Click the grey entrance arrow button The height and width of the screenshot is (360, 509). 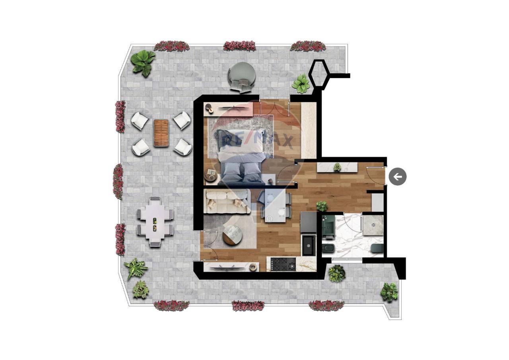point(397,176)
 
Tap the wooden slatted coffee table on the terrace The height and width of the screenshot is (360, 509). point(161,133)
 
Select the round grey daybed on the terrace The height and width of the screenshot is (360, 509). point(242,76)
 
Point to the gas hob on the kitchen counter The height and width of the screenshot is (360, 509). point(283,264)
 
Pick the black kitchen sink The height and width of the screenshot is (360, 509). point(309,246)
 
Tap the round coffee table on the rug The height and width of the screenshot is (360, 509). point(232,235)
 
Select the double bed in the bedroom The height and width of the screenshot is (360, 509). point(241,156)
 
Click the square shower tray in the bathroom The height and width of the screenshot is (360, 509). point(373,225)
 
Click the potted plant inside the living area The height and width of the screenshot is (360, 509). point(322,206)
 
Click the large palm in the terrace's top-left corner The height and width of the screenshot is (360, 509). point(143,63)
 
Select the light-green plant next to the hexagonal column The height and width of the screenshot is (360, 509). point(301,84)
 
